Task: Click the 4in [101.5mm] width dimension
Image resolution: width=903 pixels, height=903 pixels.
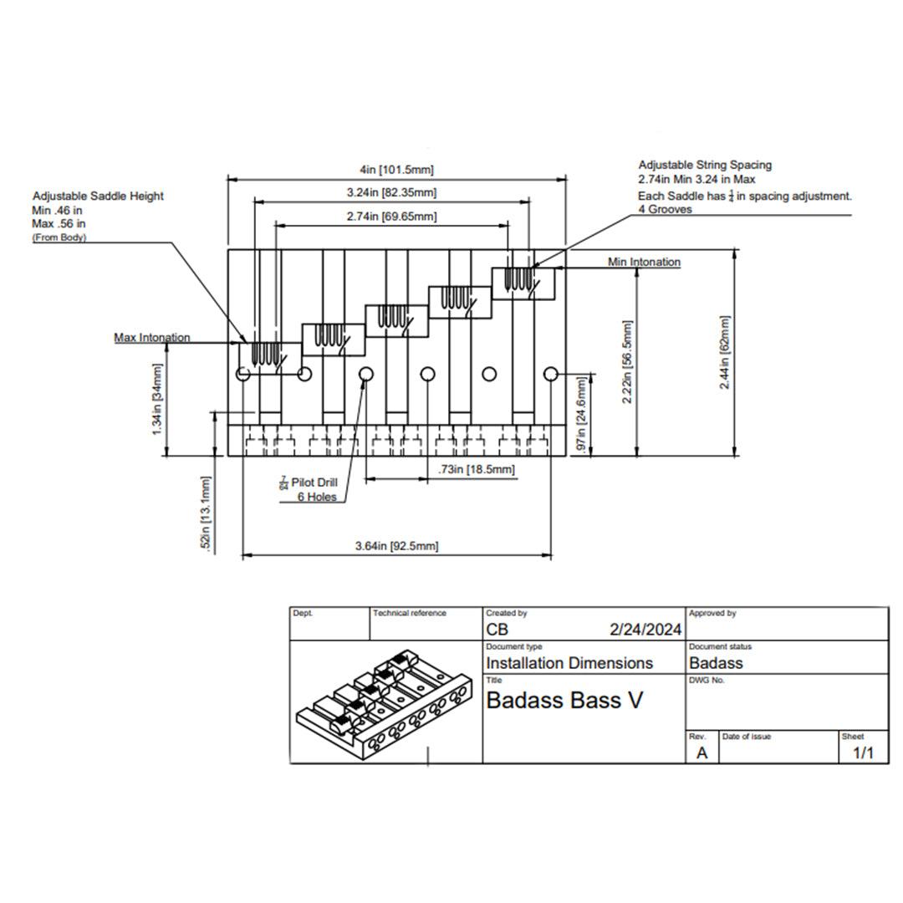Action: [395, 170]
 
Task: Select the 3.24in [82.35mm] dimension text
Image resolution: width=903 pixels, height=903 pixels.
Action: [391, 193]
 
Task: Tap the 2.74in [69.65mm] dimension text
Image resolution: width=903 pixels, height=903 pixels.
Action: [391, 217]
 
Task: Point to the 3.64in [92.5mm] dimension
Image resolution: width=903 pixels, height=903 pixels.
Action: [396, 546]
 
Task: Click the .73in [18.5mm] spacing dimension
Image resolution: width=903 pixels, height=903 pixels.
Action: [476, 471]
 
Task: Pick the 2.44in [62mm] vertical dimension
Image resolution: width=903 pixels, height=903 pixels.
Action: [724, 352]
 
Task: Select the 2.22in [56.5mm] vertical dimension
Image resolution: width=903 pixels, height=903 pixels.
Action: [628, 362]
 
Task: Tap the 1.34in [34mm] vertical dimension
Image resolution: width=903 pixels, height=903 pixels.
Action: [158, 398]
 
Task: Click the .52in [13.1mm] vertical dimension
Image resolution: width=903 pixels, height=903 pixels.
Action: [207, 513]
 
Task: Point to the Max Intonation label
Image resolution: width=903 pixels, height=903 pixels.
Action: [152, 338]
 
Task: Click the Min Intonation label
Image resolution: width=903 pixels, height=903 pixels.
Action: [644, 262]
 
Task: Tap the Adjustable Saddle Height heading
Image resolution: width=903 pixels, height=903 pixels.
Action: [98, 196]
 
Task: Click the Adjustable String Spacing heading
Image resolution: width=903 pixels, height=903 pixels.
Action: [705, 166]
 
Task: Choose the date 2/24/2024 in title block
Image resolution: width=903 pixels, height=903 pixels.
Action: [645, 630]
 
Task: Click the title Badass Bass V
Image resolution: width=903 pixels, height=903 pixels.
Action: [564, 700]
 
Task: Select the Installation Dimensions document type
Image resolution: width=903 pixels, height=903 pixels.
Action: [569, 663]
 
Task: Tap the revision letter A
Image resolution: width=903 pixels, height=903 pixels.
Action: [701, 752]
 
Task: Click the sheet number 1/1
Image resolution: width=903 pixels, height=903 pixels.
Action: [862, 753]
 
